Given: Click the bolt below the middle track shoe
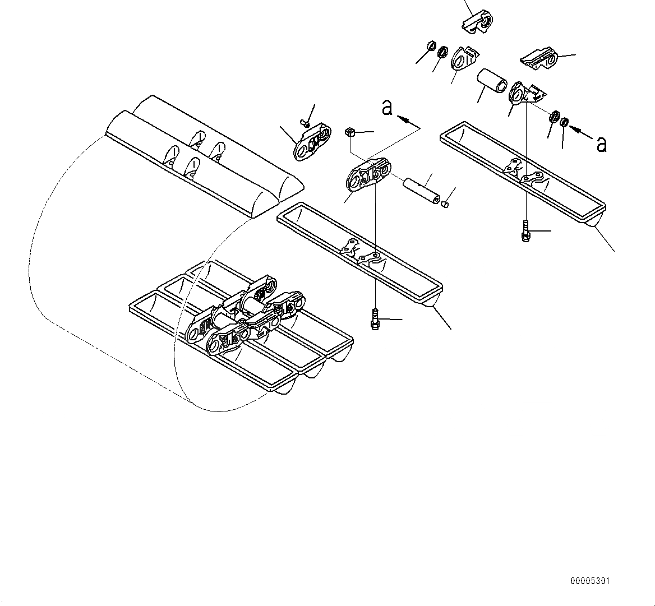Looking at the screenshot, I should click(375, 320).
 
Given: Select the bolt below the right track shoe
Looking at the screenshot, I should click(524, 232).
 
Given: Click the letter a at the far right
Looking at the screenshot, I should click(602, 145).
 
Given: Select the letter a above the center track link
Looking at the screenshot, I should click(387, 107).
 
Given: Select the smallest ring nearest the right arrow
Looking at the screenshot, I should click(565, 121).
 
